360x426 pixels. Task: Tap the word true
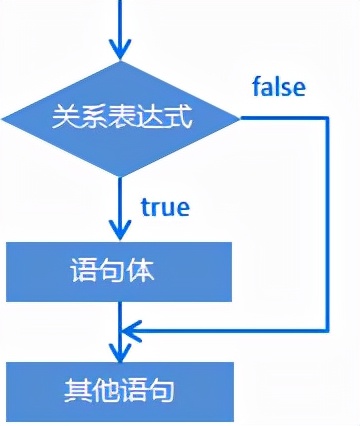(165, 207)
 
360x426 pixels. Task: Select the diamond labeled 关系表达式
(121, 118)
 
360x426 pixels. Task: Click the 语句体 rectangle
(120, 271)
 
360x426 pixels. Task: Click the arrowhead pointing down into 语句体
(121, 231)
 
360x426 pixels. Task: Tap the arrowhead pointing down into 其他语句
(121, 351)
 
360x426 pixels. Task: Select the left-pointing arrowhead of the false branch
(131, 329)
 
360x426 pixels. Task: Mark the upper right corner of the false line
(328, 118)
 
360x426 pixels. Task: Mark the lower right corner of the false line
(328, 329)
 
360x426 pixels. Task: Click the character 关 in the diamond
(64, 118)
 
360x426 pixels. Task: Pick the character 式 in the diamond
(179, 118)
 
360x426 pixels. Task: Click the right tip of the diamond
(241, 118)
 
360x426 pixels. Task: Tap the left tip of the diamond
(3, 118)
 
